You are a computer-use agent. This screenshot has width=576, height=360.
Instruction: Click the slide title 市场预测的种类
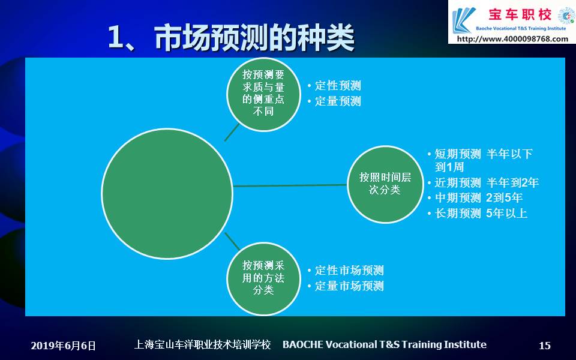[x=254, y=37]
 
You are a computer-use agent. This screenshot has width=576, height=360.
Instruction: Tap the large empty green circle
[x=167, y=194]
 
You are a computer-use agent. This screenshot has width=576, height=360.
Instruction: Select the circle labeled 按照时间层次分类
[x=385, y=184]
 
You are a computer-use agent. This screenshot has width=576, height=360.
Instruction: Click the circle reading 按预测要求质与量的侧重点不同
[x=263, y=94]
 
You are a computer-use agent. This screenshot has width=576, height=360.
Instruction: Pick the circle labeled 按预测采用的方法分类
[x=263, y=278]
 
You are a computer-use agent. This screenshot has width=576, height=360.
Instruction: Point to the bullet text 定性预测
[x=338, y=86]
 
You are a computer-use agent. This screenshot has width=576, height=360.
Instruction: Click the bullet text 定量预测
[x=338, y=101]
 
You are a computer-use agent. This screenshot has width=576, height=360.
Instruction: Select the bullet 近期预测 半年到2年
[x=487, y=182]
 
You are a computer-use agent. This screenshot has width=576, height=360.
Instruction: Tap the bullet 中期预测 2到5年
[x=478, y=197]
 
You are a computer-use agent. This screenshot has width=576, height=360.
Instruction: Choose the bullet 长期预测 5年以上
[x=481, y=213]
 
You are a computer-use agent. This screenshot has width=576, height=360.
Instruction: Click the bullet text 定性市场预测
[x=349, y=271]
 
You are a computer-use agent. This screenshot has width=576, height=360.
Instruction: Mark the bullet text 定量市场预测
[x=349, y=286]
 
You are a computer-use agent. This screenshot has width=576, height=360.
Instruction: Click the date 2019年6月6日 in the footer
[x=63, y=346]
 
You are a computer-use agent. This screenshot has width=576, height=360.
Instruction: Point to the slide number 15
[x=545, y=346]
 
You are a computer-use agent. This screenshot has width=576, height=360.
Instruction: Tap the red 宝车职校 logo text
[x=520, y=14]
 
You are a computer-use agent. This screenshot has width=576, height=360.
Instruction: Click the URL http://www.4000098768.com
[x=512, y=38]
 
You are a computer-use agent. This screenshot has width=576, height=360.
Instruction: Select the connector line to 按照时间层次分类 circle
[x=290, y=185]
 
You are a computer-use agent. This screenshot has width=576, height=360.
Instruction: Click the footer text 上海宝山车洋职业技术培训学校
[x=202, y=344]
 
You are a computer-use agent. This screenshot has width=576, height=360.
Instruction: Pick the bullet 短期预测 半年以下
[x=484, y=154]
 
